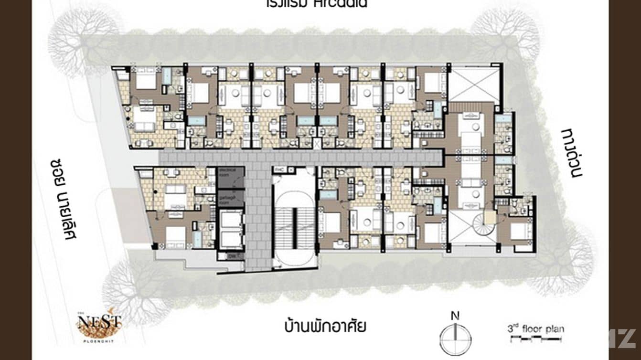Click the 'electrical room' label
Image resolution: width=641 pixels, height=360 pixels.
point(230,172)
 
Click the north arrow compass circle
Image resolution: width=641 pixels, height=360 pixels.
point(455,339)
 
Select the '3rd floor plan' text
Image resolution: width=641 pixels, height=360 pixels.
point(535,329)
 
